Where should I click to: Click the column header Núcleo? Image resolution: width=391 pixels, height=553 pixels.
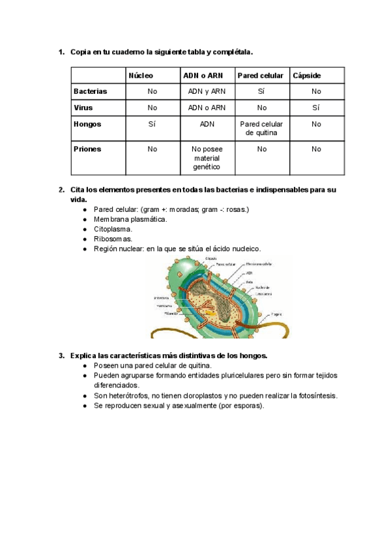(x=141, y=76)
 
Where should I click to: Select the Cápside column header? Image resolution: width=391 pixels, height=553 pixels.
(x=307, y=76)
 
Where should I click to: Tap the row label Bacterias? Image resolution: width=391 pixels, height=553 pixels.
(x=91, y=92)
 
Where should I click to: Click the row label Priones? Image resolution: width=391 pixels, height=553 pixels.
(x=87, y=149)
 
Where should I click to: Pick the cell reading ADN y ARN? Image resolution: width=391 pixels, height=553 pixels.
(x=207, y=92)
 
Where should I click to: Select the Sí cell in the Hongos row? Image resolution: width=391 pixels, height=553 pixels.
(x=152, y=124)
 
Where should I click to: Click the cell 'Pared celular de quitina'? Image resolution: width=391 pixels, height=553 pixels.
(x=261, y=128)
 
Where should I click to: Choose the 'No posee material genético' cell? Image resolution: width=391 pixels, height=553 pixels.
(x=207, y=158)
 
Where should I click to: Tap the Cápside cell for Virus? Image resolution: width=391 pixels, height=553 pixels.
(x=316, y=108)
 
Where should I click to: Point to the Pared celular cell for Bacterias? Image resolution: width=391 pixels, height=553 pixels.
(x=261, y=92)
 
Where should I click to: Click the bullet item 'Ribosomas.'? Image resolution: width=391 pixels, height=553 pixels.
(x=113, y=239)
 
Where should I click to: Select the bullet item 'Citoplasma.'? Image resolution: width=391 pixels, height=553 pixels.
(x=113, y=230)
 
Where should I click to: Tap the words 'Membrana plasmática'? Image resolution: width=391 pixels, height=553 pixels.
(x=130, y=220)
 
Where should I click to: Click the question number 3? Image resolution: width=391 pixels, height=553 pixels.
(x=61, y=355)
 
